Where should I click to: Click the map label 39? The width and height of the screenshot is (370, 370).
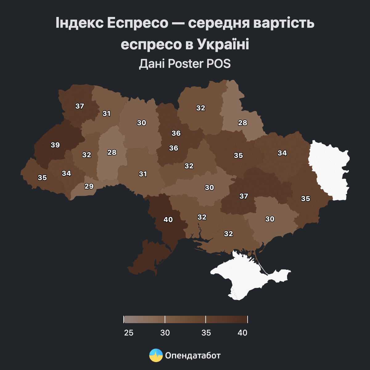point(55,145)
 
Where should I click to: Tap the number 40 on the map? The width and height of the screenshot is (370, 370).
point(168,220)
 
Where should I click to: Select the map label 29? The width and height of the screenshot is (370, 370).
point(89,186)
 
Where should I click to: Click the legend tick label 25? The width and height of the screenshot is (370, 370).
point(129,333)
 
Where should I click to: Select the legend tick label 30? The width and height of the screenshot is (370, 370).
point(165,333)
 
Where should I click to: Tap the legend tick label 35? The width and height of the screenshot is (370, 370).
point(206,333)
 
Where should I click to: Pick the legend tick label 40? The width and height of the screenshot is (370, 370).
point(243,333)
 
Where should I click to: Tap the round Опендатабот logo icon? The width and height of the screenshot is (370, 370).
point(156,356)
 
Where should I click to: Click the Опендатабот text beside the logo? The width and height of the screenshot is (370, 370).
point(193,356)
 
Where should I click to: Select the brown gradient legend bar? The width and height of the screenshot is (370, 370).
point(185,319)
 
